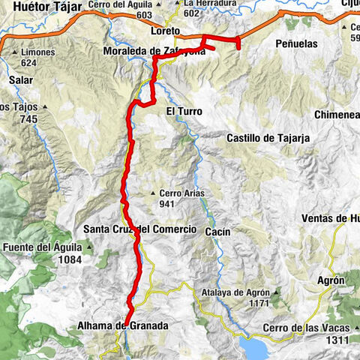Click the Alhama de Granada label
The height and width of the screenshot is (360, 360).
(x=122, y=326)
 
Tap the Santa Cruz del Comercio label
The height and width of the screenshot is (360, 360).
(x=139, y=229)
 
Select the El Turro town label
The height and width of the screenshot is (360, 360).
(x=184, y=111)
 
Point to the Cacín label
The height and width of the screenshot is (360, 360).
(x=217, y=233)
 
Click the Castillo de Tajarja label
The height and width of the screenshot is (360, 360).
(x=268, y=138)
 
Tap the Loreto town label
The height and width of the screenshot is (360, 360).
(x=164, y=31)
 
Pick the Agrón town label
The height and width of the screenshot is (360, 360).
(x=331, y=280)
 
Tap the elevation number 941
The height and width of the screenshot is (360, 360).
(x=169, y=203)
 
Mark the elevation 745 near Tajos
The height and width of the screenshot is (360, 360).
(x=28, y=119)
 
